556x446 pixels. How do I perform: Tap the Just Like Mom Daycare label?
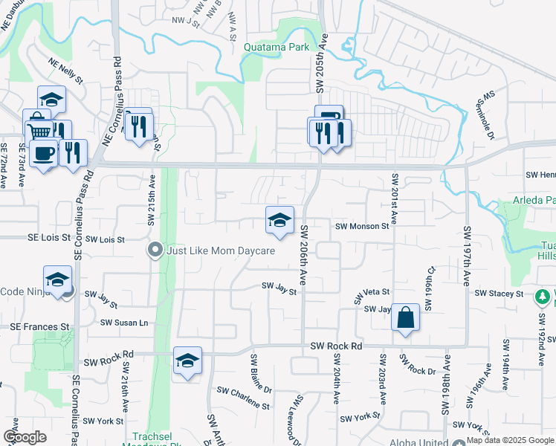[221, 251]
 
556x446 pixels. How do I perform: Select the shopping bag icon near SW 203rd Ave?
[405, 318]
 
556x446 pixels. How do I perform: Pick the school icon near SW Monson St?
[279, 220]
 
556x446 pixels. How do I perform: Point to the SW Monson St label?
[361, 226]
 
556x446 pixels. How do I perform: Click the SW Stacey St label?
[499, 294]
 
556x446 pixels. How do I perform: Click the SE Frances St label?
[39, 326]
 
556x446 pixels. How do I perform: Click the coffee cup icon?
[44, 154]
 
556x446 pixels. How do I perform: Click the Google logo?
[25, 437]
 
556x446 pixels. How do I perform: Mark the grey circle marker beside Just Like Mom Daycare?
[155, 251]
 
